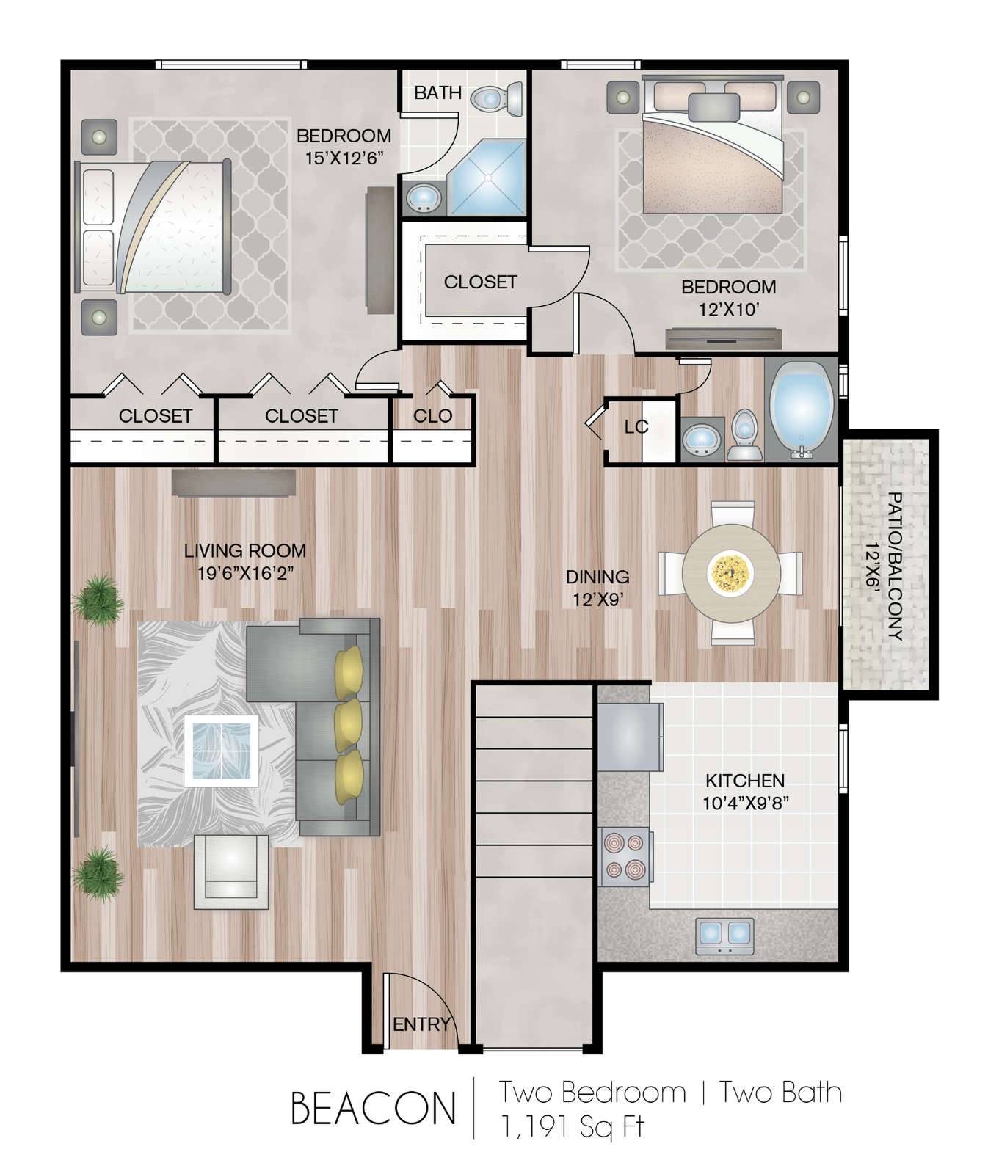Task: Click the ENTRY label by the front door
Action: click(421, 1024)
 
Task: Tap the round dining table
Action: click(731, 573)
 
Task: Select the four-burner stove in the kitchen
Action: click(626, 857)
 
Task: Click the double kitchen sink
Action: click(724, 935)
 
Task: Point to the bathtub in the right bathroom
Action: click(802, 410)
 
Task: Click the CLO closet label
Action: click(432, 416)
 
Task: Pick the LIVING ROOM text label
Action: click(245, 550)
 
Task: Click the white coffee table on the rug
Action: click(221, 751)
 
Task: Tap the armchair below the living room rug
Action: click(231, 872)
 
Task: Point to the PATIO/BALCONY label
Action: click(895, 566)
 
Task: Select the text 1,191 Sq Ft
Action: click(572, 1126)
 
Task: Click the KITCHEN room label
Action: click(745, 780)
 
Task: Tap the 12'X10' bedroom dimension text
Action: click(728, 309)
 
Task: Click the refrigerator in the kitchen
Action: click(630, 737)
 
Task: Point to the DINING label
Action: click(597, 577)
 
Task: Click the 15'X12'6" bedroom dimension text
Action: click(344, 158)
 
